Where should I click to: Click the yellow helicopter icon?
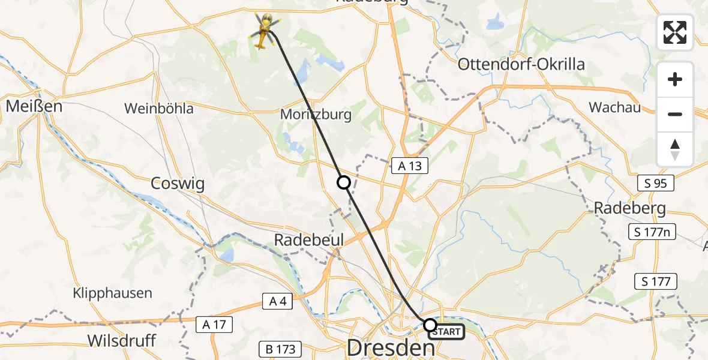262,31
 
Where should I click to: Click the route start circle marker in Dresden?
430,325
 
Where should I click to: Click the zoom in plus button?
675,79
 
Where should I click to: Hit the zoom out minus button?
675,114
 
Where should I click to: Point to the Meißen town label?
26,107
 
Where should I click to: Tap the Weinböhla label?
159,109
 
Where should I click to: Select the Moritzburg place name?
316,113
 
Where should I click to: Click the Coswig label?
178,184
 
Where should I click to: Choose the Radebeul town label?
309,240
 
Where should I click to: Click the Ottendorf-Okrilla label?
521,64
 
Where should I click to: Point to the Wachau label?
614,107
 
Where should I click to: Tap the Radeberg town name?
630,208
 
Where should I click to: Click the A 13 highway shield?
410,166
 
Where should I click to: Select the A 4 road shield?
277,302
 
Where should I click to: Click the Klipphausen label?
113,293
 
